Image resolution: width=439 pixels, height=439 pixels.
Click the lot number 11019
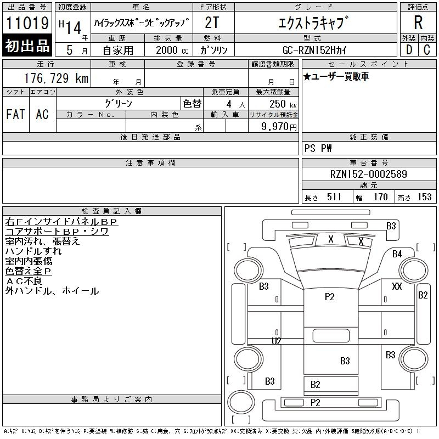click(27, 23)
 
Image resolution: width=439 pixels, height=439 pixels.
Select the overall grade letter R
click(418, 22)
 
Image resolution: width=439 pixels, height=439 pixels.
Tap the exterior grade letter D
click(409, 49)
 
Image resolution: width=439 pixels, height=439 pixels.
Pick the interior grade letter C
click(427, 49)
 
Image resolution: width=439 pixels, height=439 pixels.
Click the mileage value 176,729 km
click(56, 78)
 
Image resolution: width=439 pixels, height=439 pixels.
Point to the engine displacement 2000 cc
click(172, 50)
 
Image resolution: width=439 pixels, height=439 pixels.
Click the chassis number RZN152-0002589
click(368, 174)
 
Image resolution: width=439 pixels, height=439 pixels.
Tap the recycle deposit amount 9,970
click(275, 126)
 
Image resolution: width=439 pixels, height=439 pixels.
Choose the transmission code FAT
click(16, 114)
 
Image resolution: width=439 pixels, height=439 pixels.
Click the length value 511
click(334, 197)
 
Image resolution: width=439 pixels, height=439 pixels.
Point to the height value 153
click(424, 197)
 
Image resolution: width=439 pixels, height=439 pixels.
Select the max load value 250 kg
click(283, 104)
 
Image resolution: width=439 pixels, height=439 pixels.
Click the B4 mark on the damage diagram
click(397, 254)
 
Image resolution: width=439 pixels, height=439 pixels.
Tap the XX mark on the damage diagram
click(397, 286)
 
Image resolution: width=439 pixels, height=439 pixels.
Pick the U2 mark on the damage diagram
click(277, 341)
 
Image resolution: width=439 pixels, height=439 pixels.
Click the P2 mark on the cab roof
click(330, 296)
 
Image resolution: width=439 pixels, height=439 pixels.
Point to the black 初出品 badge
click(27, 46)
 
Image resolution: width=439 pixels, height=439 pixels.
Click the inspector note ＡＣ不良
click(24, 281)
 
